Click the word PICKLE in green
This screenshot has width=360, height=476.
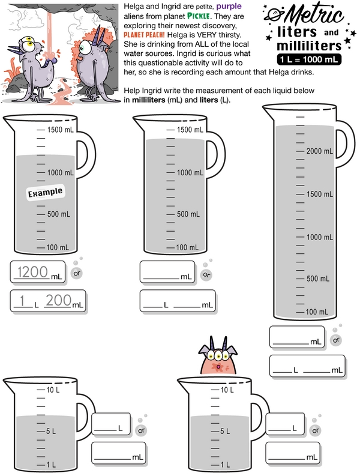click(x=199, y=16)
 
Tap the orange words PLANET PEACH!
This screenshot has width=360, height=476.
click(x=144, y=35)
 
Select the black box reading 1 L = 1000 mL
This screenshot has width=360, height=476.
click(x=309, y=59)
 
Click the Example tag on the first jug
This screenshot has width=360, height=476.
click(x=46, y=193)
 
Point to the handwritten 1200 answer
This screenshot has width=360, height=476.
click(x=33, y=272)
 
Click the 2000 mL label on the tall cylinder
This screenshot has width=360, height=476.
click(x=319, y=151)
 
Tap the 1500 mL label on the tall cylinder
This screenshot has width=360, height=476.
click(x=319, y=194)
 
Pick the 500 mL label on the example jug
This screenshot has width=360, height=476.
click(x=59, y=214)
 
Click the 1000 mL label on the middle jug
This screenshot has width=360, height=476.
click(x=190, y=173)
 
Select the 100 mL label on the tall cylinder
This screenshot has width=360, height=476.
click(x=317, y=312)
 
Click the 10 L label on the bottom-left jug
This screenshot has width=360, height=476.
click(x=53, y=390)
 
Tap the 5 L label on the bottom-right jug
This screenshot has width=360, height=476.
click(x=225, y=431)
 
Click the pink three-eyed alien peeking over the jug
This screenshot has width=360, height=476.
click(x=218, y=357)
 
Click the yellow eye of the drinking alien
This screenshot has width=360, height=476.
click(x=30, y=44)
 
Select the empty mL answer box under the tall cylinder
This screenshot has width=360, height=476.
click(x=297, y=337)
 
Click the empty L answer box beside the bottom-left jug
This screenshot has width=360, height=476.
click(x=111, y=424)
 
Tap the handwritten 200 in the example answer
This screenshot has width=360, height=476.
click(x=59, y=300)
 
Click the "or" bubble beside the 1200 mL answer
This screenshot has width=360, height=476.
click(x=76, y=273)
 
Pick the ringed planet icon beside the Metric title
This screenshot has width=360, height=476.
click(x=274, y=14)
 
